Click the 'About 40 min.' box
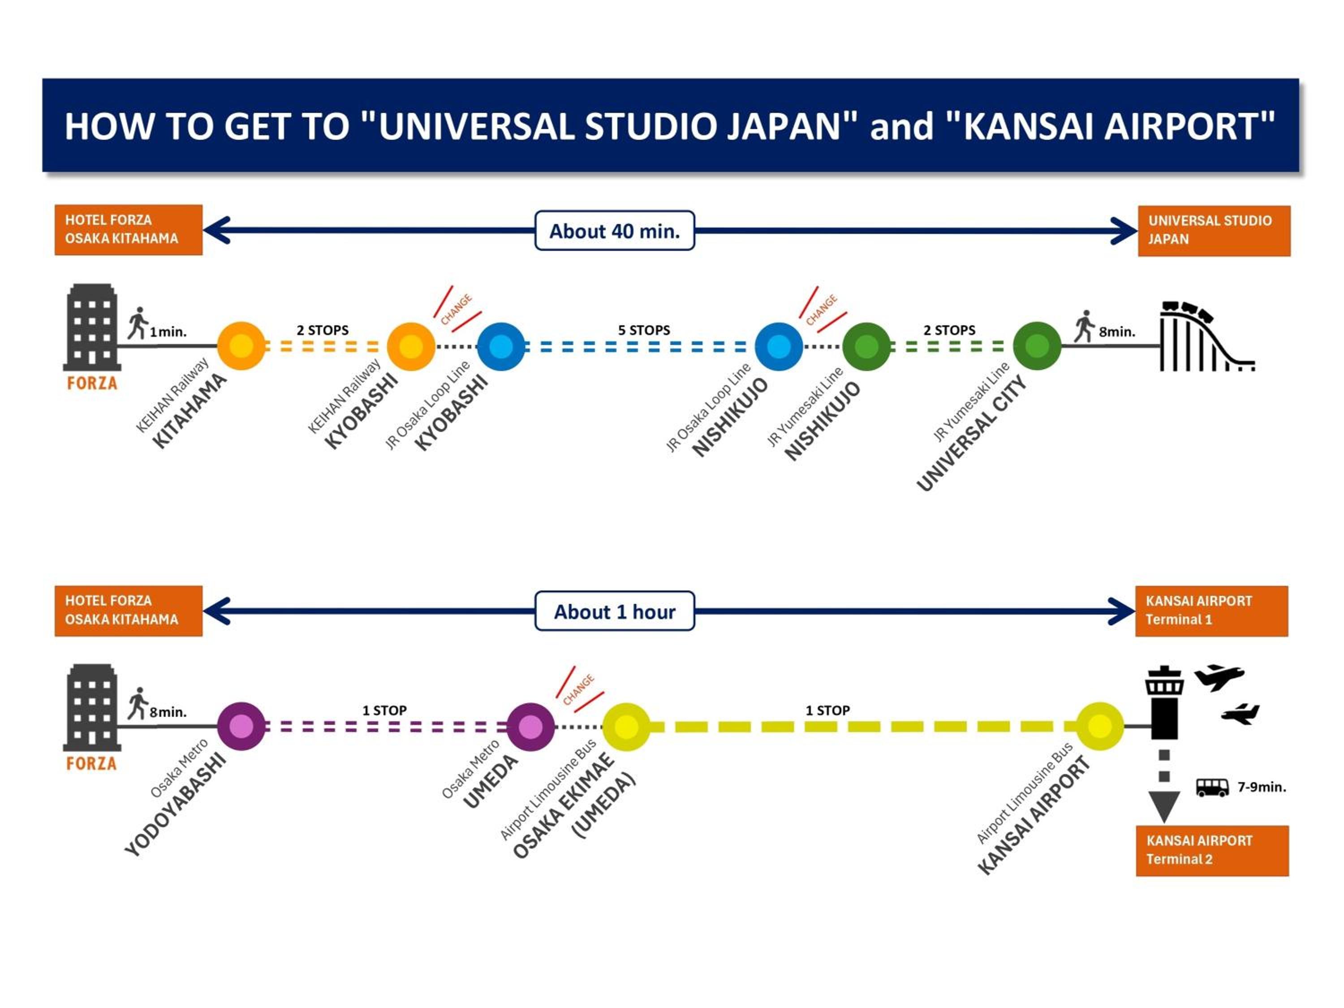tap(614, 231)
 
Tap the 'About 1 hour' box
tap(614, 611)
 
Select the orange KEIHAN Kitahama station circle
tap(241, 346)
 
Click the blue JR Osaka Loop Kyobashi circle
tap(501, 346)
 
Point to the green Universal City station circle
tap(1037, 346)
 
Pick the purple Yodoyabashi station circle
tap(241, 726)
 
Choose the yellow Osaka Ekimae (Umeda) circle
tap(626, 727)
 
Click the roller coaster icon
tap(1206, 337)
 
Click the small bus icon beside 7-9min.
tap(1212, 788)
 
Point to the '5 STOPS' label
tap(644, 330)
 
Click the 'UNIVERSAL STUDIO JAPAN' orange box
tap(1213, 230)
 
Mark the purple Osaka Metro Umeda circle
tap(530, 727)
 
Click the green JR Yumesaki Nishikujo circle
tap(866, 346)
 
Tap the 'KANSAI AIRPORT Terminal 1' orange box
tap(1211, 611)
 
